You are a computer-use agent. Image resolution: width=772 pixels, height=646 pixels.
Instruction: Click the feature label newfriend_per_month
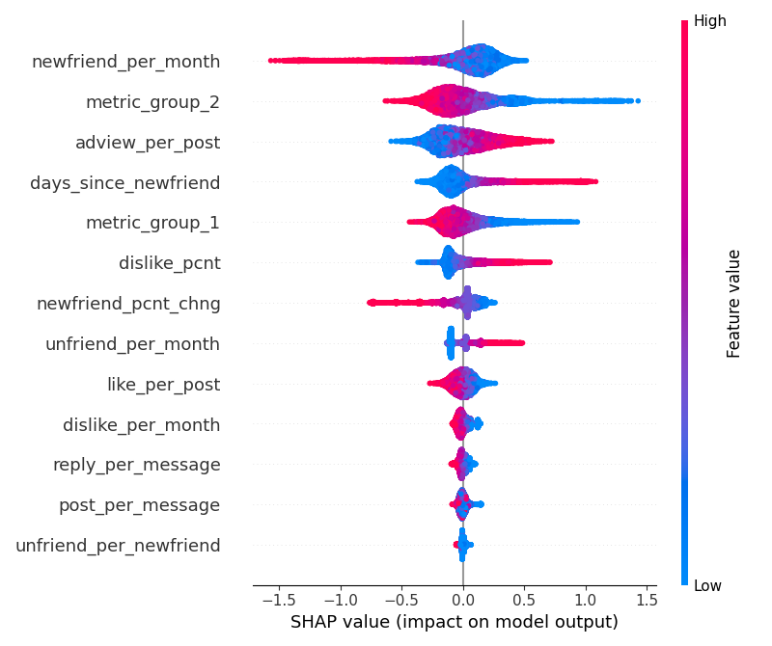(125, 63)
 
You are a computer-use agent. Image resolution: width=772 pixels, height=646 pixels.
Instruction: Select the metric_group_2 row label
(152, 102)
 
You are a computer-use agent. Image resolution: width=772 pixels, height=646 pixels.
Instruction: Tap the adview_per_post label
(148, 143)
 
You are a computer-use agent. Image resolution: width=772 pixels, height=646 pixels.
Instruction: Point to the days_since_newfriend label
(124, 183)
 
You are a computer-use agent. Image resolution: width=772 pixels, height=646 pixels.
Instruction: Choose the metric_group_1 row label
(152, 223)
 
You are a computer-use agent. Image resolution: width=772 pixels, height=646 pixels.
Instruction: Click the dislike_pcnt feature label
(169, 263)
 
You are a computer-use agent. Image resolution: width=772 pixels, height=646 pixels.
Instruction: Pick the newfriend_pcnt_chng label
(128, 304)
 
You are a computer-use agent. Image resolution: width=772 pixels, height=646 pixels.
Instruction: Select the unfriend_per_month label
(132, 344)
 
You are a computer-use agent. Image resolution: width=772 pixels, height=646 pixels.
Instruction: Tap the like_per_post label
(163, 385)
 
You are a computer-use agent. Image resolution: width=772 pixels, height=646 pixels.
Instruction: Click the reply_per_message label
(136, 465)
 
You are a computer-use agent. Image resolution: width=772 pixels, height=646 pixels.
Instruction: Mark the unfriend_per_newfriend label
(118, 546)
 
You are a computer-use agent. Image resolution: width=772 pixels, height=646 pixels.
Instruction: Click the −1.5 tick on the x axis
(274, 599)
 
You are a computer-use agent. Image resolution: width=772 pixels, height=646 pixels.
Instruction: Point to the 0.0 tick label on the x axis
(463, 599)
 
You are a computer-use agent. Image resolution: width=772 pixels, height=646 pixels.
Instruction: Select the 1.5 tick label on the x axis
(648, 599)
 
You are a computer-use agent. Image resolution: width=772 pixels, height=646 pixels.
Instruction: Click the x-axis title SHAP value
(454, 623)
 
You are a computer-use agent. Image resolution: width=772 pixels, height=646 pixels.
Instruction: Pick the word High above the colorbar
(709, 20)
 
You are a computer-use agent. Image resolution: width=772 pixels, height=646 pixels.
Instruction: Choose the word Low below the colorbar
(707, 585)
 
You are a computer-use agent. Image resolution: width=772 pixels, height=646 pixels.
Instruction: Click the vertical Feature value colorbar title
(734, 303)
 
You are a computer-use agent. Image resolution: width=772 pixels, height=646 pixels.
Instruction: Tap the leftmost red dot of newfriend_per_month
(271, 61)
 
